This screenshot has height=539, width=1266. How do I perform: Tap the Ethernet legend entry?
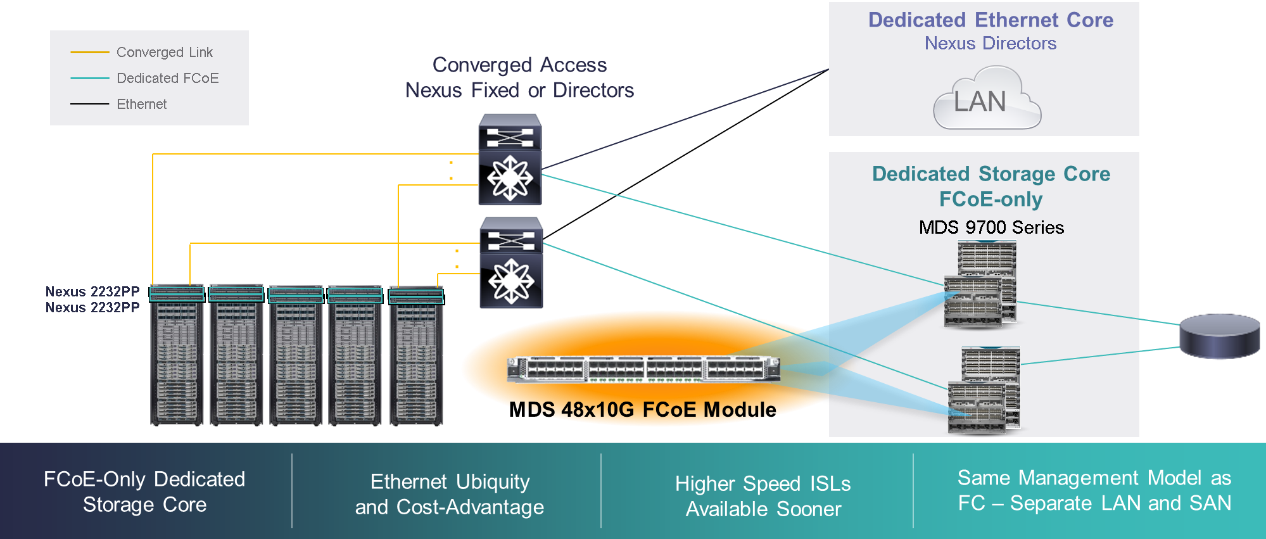pyautogui.click(x=141, y=105)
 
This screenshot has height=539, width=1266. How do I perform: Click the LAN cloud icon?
pyautogui.click(x=987, y=100)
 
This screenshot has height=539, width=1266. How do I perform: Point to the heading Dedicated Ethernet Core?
pyautogui.click(x=991, y=20)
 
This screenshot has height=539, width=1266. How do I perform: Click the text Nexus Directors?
pyautogui.click(x=991, y=44)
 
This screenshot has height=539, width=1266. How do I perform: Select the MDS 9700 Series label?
pyautogui.click(x=991, y=227)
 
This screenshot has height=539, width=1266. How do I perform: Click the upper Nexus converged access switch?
pyautogui.click(x=510, y=160)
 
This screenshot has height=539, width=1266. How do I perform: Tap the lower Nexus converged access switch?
pyautogui.click(x=511, y=263)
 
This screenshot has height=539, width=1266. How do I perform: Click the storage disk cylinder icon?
pyautogui.click(x=1219, y=336)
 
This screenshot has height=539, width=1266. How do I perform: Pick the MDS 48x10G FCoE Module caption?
pyautogui.click(x=643, y=410)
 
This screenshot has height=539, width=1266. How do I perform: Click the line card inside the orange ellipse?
pyautogui.click(x=643, y=369)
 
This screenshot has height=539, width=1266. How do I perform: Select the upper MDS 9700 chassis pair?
pyautogui.click(x=980, y=285)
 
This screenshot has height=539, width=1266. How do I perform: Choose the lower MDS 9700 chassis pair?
pyautogui.click(x=984, y=390)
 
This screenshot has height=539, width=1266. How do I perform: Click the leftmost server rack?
pyautogui.click(x=177, y=356)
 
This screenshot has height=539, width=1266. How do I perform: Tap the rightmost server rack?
pyautogui.click(x=416, y=356)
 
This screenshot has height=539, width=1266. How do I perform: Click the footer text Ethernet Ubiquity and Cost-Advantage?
pyautogui.click(x=450, y=495)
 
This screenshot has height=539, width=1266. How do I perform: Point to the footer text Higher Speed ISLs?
pyautogui.click(x=763, y=485)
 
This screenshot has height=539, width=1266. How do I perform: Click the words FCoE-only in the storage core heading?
pyautogui.click(x=991, y=200)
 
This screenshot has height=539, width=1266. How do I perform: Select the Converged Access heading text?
pyautogui.click(x=519, y=65)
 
